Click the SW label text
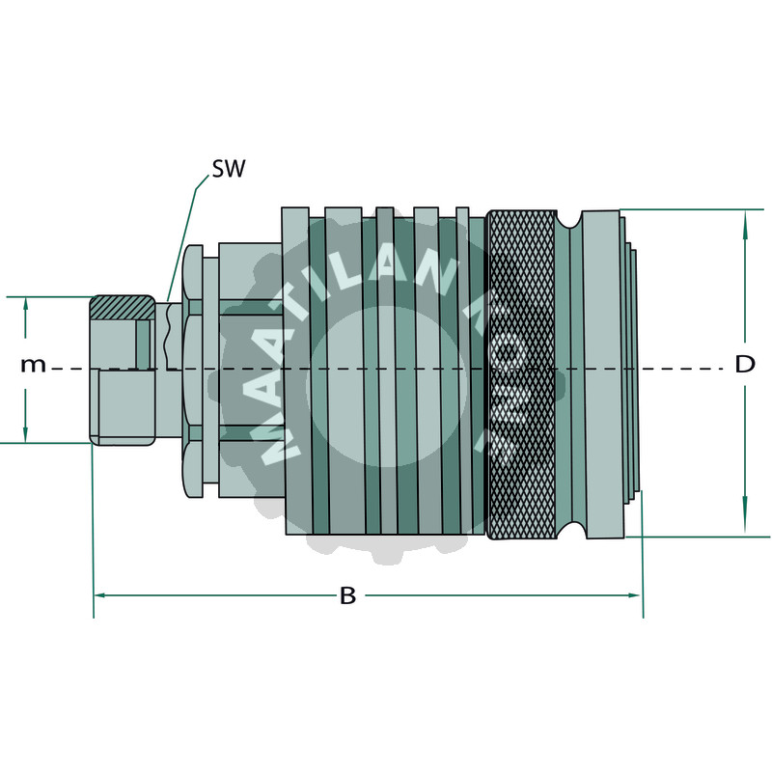(x=229, y=170)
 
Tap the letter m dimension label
(x=34, y=365)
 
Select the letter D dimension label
(x=745, y=365)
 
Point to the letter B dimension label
(x=347, y=595)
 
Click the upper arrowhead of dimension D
(x=745, y=221)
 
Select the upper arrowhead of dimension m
(x=26, y=307)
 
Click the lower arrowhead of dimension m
(x=26, y=432)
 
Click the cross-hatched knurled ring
(x=520, y=374)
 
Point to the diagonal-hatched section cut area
(x=122, y=307)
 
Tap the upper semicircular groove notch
(x=569, y=219)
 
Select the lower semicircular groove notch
(x=569, y=530)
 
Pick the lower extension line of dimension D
(x=704, y=537)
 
